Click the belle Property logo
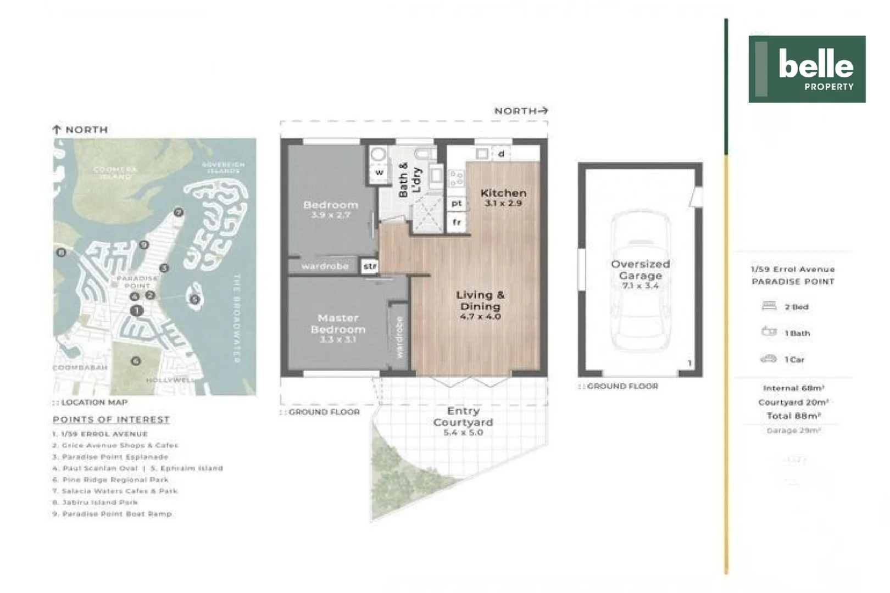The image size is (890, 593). click(x=806, y=69)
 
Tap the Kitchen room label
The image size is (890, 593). click(x=503, y=193)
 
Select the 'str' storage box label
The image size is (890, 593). click(x=370, y=266)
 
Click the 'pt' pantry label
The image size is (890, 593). click(x=457, y=203)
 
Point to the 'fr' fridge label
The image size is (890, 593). click(x=457, y=222)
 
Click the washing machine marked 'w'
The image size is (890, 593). click(x=379, y=172)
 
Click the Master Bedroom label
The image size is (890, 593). click(x=338, y=324)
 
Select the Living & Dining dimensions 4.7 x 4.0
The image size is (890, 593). click(x=481, y=317)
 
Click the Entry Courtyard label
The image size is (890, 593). click(x=463, y=417)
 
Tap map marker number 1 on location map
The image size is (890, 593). click(x=136, y=311)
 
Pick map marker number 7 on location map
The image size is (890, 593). click(x=178, y=212)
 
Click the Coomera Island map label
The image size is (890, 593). click(x=115, y=172)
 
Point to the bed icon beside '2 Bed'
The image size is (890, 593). click(x=769, y=306)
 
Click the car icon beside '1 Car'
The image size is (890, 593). click(x=768, y=359)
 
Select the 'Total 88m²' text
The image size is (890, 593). click(x=793, y=416)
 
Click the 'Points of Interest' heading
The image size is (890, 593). click(x=111, y=419)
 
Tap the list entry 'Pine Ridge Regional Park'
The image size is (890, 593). click(x=115, y=479)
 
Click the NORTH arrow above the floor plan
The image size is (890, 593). click(x=543, y=110)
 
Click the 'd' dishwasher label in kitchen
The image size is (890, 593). click(x=501, y=154)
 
